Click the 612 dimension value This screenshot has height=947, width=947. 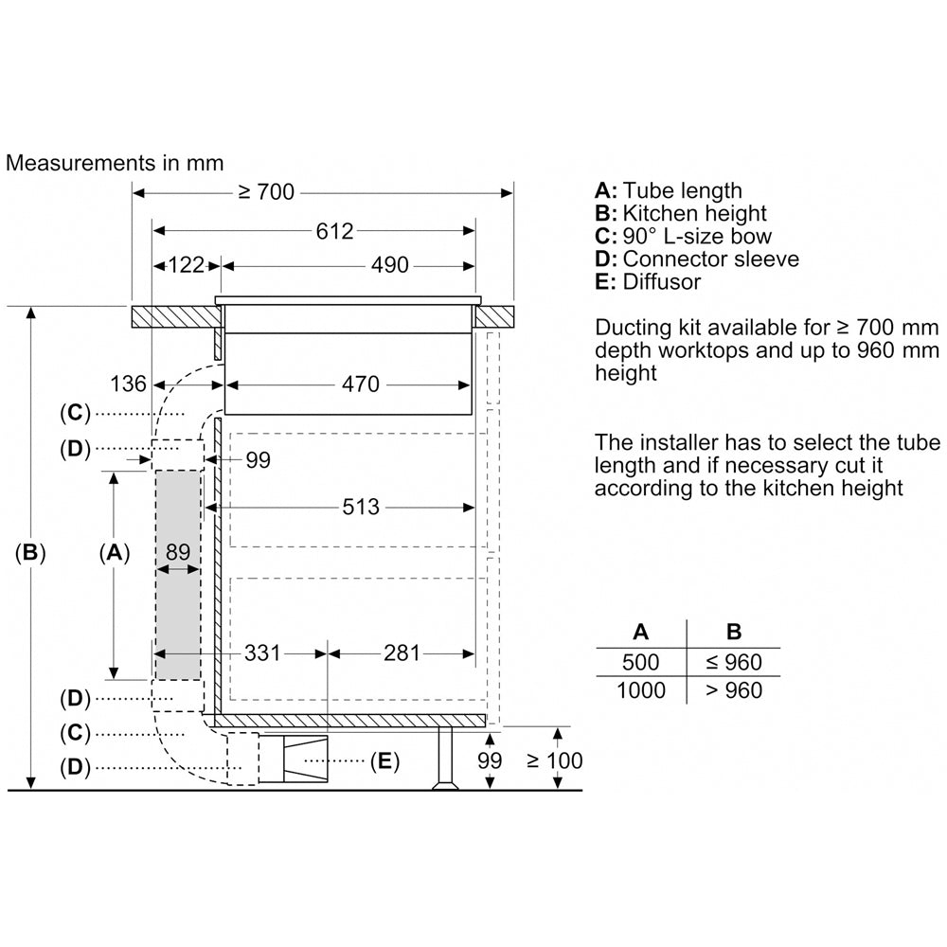(x=334, y=231)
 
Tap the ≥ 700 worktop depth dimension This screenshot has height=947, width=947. (x=266, y=192)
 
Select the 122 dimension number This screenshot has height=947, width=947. (x=186, y=265)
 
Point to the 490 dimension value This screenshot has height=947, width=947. (x=389, y=265)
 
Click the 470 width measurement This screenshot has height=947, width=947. (x=361, y=384)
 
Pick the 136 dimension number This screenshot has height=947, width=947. (x=128, y=384)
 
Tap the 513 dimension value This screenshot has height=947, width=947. (x=361, y=507)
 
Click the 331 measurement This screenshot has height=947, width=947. (x=262, y=652)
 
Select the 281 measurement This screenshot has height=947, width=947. (x=402, y=652)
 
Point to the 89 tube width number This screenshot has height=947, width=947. (x=178, y=552)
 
